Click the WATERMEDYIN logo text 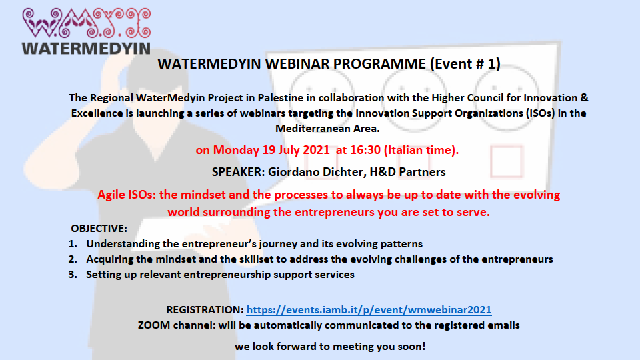point(86,48)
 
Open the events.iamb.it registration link point(369,310)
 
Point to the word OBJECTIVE point(99,228)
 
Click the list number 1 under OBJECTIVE point(73,244)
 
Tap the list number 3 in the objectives point(73,274)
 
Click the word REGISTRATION point(205,310)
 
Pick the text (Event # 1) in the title point(465,64)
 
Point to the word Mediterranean point(309,129)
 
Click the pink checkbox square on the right point(507,161)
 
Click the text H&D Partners point(407,172)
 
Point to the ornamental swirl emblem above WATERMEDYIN point(87,23)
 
